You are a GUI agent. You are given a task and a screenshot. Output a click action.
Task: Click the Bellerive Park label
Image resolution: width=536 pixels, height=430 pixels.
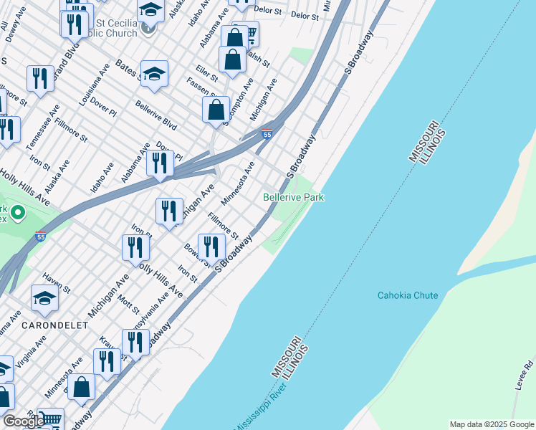pyautogui.click(x=293, y=197)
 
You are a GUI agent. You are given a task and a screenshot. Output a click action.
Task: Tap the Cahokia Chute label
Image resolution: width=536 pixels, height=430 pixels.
pyautogui.click(x=407, y=295)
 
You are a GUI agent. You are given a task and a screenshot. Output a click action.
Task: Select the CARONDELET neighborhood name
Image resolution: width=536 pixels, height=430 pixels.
pyautogui.click(x=55, y=325)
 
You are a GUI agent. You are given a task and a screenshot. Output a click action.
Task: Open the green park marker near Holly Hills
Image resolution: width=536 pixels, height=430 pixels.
pyautogui.click(x=16, y=213)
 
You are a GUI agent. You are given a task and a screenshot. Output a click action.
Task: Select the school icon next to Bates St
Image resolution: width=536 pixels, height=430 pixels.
pyautogui.click(x=154, y=75)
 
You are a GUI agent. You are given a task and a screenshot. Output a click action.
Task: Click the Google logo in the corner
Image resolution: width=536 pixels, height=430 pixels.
pyautogui.click(x=24, y=421)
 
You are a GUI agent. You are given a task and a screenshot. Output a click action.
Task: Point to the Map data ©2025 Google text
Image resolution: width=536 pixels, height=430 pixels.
pyautogui.click(x=491, y=424)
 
